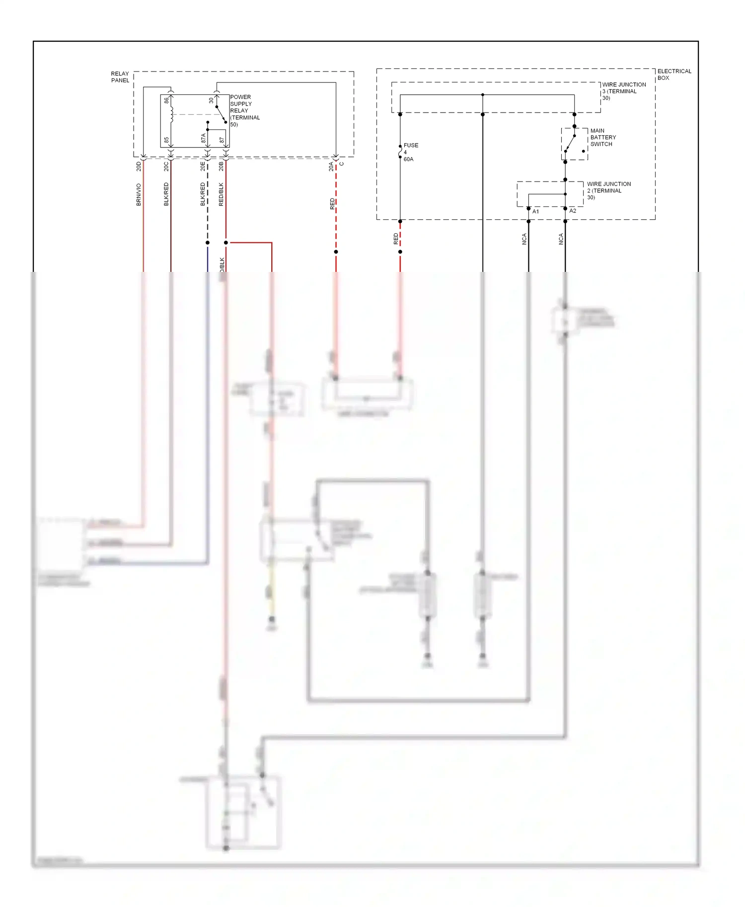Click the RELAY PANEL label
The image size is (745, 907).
tap(120, 77)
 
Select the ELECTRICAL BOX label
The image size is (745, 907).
tap(674, 74)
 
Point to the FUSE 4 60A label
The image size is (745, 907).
tap(410, 152)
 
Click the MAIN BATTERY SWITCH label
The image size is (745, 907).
tap(603, 137)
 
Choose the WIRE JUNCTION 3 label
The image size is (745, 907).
tap(624, 91)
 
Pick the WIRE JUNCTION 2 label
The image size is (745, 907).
tap(609, 191)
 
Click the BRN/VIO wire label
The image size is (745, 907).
tap(139, 194)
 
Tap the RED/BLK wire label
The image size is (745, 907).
tap(221, 194)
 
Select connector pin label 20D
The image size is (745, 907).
tap(139, 166)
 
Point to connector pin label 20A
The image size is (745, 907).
tap(331, 166)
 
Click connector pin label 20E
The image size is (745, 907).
tap(203, 166)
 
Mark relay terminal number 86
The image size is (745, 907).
tap(166, 101)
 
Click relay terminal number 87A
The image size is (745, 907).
tap(203, 138)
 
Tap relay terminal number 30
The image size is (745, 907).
tap(211, 100)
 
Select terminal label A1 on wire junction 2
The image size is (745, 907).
tap(535, 211)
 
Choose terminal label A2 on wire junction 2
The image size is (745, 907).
tap(573, 211)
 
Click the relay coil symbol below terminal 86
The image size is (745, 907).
tap(171, 115)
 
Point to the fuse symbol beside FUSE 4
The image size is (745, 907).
tap(400, 151)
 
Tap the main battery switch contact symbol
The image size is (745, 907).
tap(571, 143)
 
